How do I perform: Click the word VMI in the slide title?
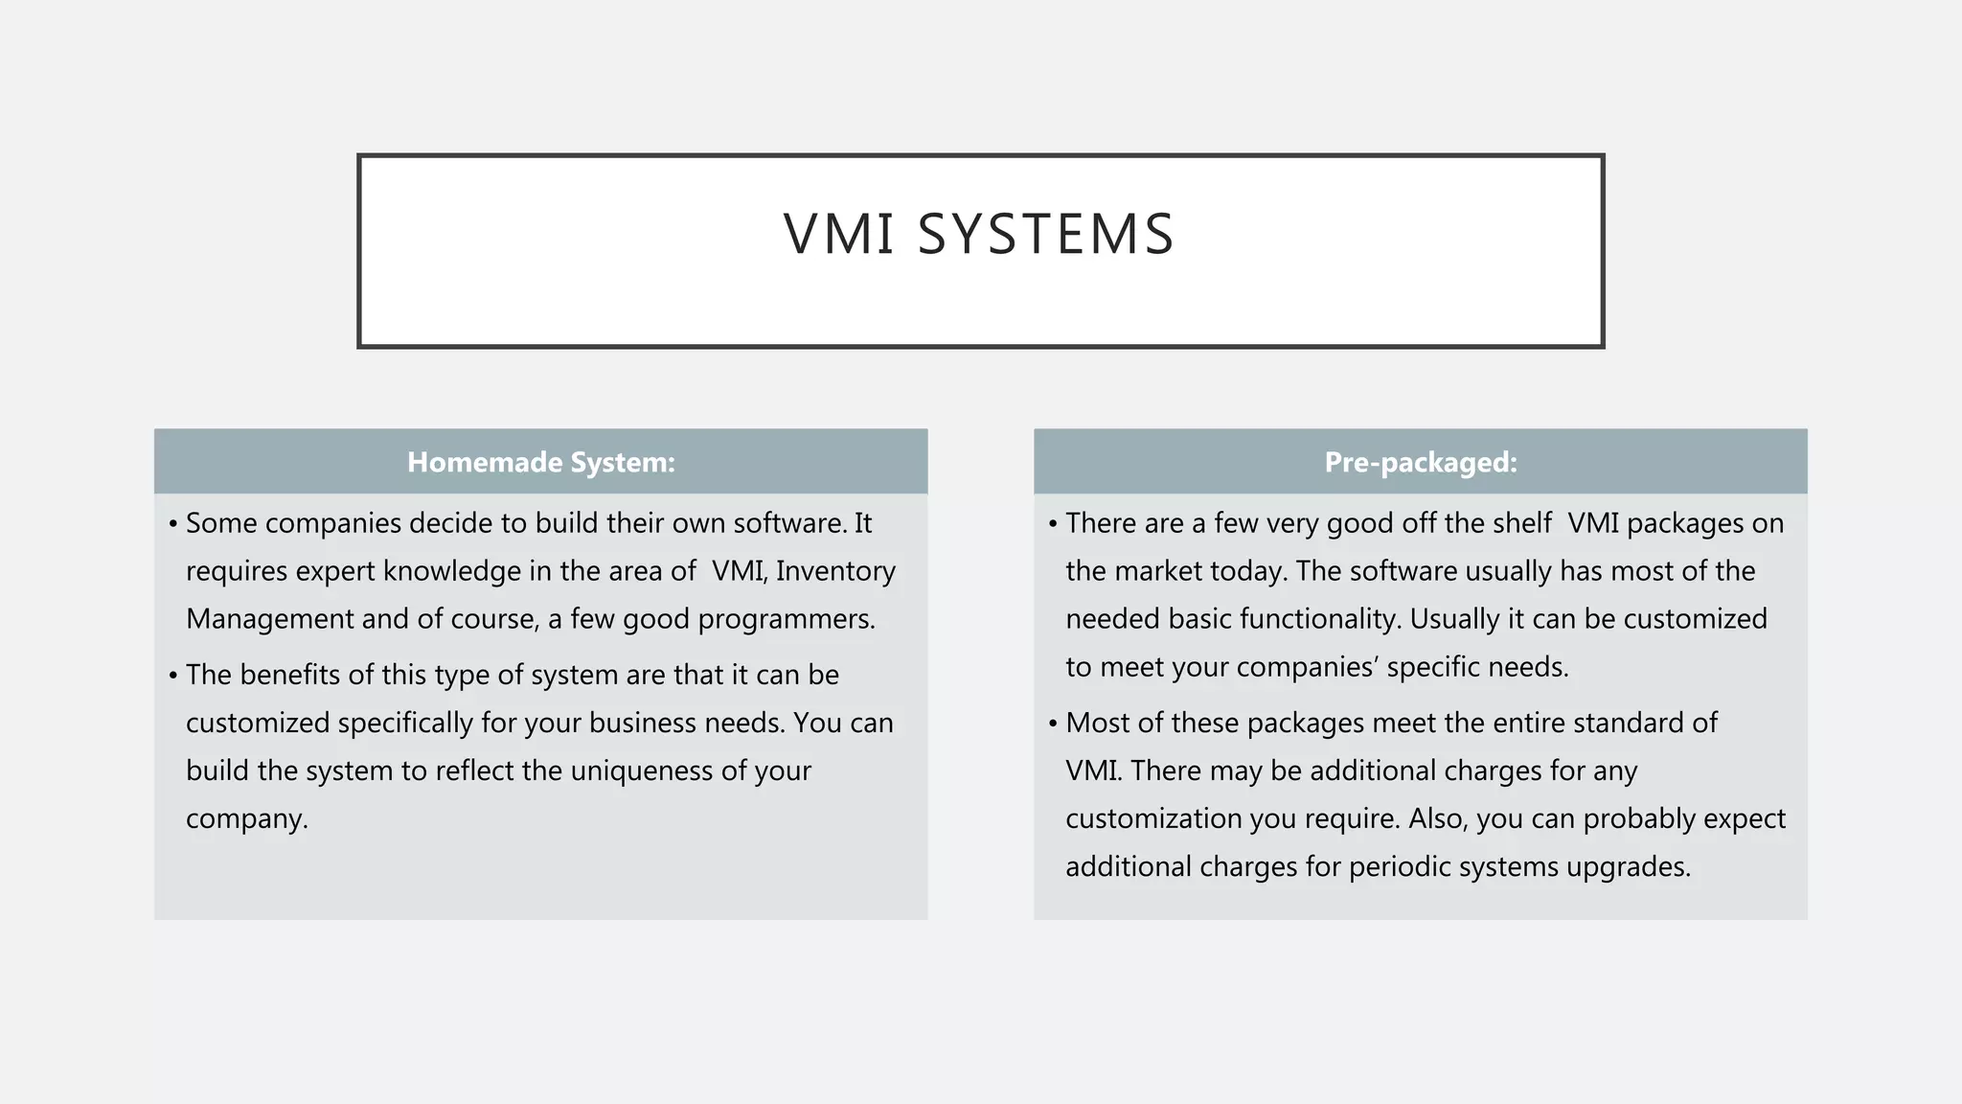click(x=838, y=234)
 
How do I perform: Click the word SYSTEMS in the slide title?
click(x=1045, y=234)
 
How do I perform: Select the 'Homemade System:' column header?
click(x=540, y=462)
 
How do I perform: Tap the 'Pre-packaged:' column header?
click(x=1420, y=462)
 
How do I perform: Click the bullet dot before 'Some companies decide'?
click(x=172, y=524)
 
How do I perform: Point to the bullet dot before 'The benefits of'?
click(x=172, y=676)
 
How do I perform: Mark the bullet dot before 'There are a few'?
click(x=1052, y=524)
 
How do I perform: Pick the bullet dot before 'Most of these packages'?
click(x=1052, y=724)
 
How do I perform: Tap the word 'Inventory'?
click(x=835, y=571)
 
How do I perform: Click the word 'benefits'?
click(x=290, y=675)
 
